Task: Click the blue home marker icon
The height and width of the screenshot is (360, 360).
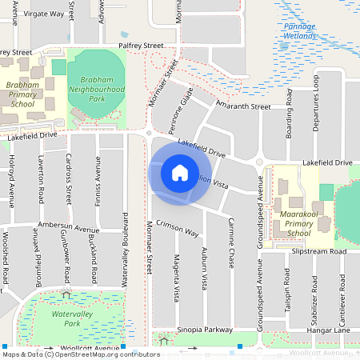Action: point(180,173)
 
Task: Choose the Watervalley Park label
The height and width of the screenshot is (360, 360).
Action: point(66,319)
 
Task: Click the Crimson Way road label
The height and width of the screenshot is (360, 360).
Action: point(178,228)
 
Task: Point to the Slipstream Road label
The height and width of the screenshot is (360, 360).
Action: point(319,251)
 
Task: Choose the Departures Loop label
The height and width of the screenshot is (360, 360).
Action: point(316,103)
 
